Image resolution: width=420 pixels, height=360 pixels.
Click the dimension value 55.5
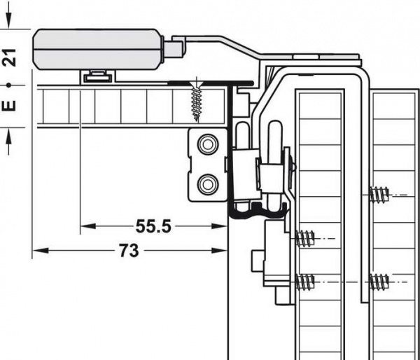(x=153, y=226)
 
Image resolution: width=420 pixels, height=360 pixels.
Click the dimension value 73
(x=129, y=251)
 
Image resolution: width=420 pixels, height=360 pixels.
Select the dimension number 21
(x=9, y=57)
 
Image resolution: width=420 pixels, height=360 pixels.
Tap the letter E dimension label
(x=9, y=105)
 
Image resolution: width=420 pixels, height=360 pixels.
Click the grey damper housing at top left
(x=98, y=49)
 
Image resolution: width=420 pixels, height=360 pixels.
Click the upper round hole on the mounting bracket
(x=208, y=145)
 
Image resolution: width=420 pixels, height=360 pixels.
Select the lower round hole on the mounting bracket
(x=208, y=184)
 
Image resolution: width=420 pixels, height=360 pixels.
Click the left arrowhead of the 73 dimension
(x=40, y=251)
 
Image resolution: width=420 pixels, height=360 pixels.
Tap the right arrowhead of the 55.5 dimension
(x=219, y=226)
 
